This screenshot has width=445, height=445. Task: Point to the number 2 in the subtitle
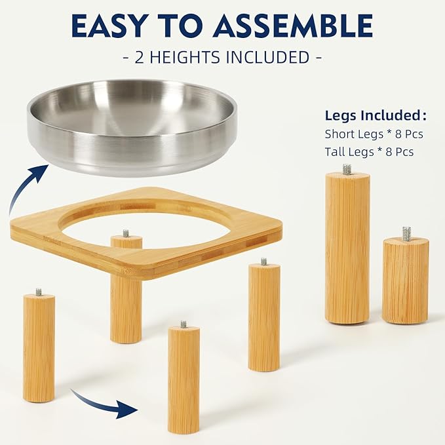(139, 57)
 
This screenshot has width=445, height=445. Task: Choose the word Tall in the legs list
(336, 151)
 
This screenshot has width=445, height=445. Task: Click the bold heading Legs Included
(376, 116)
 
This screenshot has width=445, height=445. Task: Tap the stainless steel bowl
(131, 125)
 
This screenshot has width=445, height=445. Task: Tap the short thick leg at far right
(406, 280)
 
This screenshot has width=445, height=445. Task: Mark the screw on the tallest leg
(347, 169)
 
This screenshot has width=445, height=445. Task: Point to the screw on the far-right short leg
(406, 233)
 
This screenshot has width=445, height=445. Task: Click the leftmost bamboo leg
(39, 347)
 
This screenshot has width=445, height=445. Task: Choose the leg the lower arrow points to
(184, 380)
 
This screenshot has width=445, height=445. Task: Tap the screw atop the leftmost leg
(39, 292)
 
